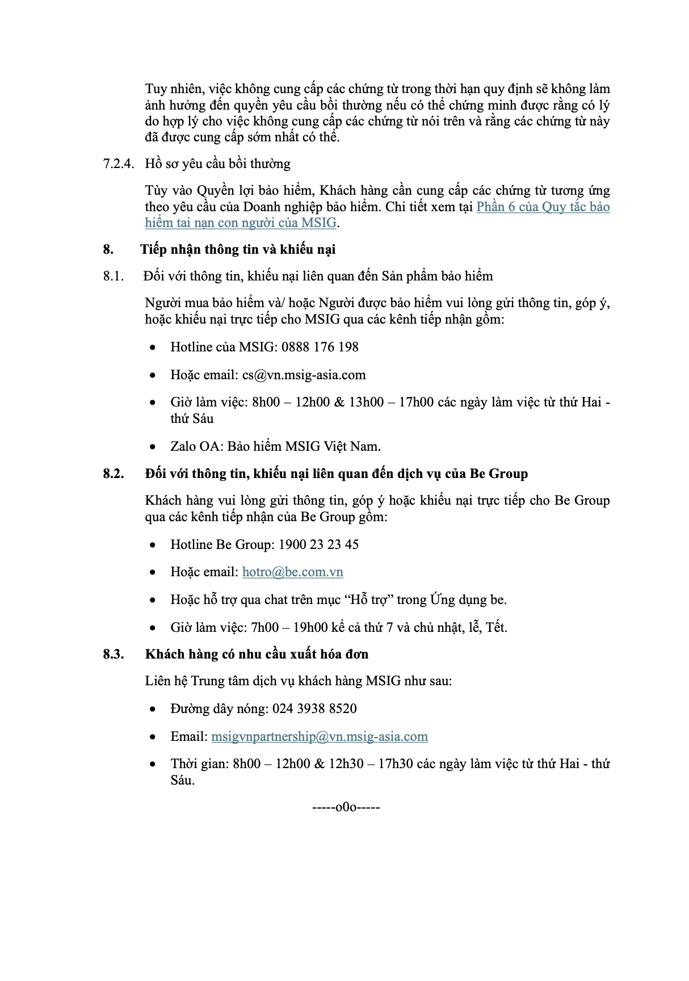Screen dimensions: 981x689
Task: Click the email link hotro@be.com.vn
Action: point(292,572)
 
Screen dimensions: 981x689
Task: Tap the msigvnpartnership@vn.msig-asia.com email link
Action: point(320,736)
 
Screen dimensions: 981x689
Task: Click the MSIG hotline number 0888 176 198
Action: point(320,347)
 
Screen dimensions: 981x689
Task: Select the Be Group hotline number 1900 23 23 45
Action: point(319,544)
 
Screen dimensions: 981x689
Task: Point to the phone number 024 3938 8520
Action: point(314,708)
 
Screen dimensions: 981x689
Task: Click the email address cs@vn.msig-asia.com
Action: point(304,375)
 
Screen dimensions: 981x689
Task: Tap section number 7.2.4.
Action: point(119,163)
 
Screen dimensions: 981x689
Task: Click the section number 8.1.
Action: point(113,276)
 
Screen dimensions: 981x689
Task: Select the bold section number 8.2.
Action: point(114,473)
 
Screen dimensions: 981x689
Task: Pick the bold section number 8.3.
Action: point(114,654)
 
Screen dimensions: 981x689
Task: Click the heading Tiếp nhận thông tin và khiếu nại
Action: point(238,249)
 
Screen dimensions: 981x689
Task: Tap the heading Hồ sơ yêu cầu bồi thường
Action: point(217,163)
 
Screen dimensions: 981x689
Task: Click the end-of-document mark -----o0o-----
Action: point(346,807)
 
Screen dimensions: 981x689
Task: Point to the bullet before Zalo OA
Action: point(153,447)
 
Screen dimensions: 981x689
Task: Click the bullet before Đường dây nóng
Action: point(153,709)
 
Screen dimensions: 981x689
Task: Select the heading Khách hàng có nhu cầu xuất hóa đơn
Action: point(257,654)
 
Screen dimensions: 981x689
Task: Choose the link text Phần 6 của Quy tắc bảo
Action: point(543,207)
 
